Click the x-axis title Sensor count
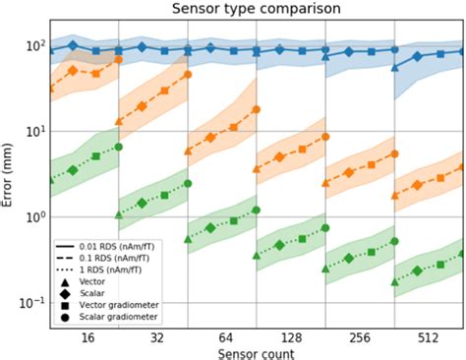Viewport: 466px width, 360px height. pos(257,351)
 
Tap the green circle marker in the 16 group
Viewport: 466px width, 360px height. pos(118,148)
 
